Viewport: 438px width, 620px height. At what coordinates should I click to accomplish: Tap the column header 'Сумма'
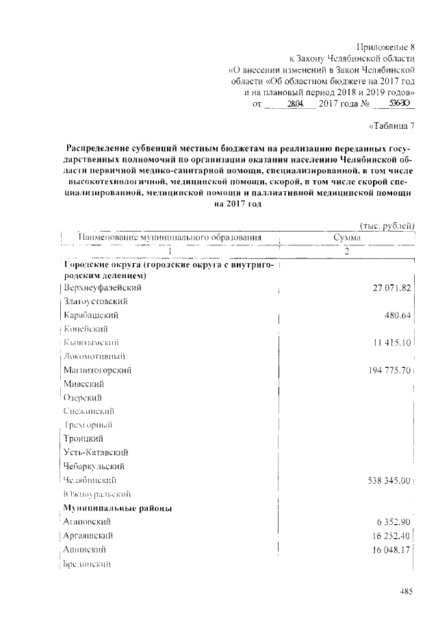click(x=348, y=238)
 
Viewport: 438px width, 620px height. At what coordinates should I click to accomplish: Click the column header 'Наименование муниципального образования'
click(x=170, y=238)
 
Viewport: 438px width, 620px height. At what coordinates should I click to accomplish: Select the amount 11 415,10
click(x=389, y=343)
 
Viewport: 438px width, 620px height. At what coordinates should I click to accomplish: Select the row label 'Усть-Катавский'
click(x=96, y=452)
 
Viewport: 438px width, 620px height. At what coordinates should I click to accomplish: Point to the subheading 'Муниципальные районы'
click(x=117, y=508)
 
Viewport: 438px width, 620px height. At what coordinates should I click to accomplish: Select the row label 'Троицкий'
click(x=83, y=438)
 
